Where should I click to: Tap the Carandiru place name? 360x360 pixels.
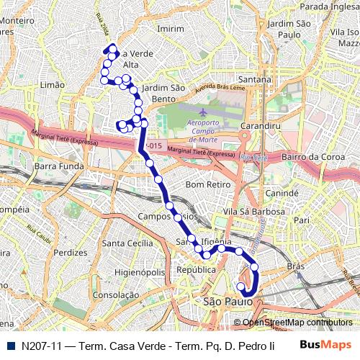[260, 126]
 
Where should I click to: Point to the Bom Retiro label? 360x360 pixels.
[207, 185]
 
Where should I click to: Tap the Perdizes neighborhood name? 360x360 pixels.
[70, 253]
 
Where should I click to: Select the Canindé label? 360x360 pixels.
[282, 194]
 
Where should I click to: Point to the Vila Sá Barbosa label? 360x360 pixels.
[254, 212]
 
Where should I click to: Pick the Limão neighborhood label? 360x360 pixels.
[53, 85]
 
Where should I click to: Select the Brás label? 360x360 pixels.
[296, 266]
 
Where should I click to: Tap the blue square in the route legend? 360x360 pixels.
[10, 346]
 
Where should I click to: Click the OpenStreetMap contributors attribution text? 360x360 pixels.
[297, 323]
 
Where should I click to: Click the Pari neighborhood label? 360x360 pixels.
[301, 220]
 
